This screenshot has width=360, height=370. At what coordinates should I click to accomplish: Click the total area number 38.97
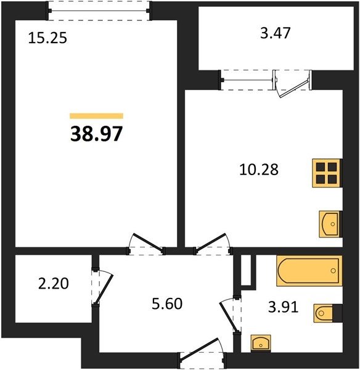97,134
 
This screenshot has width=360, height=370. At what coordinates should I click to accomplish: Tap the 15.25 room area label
47,38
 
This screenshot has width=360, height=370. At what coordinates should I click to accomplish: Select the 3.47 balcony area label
275,33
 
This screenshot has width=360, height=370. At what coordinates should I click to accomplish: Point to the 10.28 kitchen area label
259,170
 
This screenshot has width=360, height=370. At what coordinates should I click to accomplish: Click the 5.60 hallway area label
167,303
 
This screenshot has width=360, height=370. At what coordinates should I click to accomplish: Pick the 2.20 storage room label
54,283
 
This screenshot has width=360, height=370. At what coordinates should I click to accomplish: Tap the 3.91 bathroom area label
284,307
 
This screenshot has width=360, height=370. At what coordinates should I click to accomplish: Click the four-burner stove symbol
327,173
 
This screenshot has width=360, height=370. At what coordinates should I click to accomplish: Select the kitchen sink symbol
330,224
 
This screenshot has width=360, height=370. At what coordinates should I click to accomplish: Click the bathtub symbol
309,271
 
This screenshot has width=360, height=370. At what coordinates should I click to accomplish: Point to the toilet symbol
328,313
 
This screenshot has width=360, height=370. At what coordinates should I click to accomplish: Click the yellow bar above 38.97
97,116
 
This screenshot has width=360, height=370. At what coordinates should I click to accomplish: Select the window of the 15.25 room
99,10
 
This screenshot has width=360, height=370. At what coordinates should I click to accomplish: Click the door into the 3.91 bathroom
231,315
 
